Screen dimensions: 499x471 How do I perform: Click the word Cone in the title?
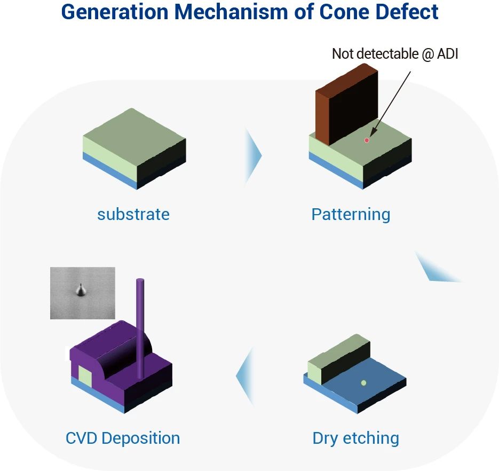tap(344, 12)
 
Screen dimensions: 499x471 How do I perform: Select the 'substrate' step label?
tap(133, 214)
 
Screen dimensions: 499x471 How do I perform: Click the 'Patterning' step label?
tap(351, 215)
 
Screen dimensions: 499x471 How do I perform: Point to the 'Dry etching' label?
tap(355, 438)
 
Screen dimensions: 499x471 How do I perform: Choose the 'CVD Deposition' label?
tap(123, 438)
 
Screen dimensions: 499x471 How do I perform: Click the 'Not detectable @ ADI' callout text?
tap(395, 54)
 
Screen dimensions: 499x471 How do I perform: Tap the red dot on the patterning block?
tap(367, 140)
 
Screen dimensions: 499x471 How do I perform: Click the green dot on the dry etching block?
tap(363, 383)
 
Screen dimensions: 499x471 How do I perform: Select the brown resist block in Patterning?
tap(346, 104)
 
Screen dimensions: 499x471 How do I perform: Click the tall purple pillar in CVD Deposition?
tap(140, 328)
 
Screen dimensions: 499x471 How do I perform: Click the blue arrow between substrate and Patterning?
tap(254, 156)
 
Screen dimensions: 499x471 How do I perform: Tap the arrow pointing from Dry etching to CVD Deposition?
tap(245, 376)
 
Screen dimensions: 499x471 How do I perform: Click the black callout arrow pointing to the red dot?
tap(391, 104)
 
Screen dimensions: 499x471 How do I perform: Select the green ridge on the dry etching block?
tap(339, 359)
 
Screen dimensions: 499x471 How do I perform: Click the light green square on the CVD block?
tap(85, 375)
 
